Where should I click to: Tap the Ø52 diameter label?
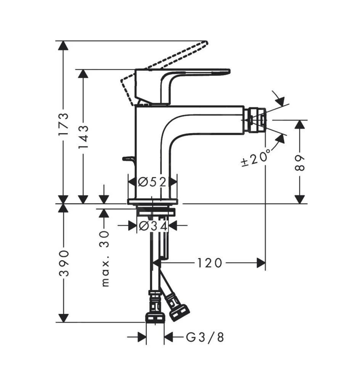(x=152, y=182)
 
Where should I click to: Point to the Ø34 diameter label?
(x=153, y=226)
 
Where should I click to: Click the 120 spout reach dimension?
(x=209, y=263)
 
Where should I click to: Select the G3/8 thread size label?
(x=205, y=337)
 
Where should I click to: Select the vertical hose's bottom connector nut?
(x=155, y=317)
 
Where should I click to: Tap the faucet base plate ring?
(x=153, y=202)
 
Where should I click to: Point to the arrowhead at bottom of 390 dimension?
(x=63, y=318)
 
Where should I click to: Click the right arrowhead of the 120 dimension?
(x=261, y=263)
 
